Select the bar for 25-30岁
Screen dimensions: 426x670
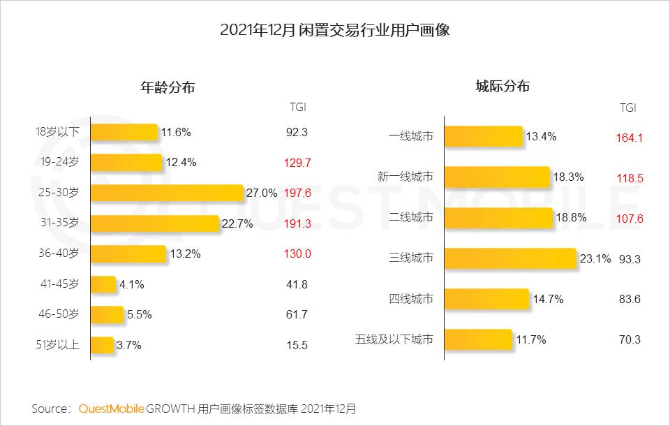pyautogui.click(x=167, y=193)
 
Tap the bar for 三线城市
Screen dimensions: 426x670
pyautogui.click(x=510, y=258)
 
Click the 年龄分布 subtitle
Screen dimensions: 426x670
pyautogui.click(x=167, y=88)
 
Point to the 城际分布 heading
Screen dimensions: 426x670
pyautogui.click(x=502, y=87)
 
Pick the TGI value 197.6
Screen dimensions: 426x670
pyautogui.click(x=297, y=193)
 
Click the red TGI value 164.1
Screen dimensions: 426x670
pyautogui.click(x=629, y=138)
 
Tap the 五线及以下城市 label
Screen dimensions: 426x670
pyautogui.click(x=394, y=340)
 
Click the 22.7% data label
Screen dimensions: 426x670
pyautogui.click(x=237, y=223)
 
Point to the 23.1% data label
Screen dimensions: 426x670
pyautogui.click(x=595, y=259)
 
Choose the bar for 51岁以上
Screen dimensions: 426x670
pyautogui.click(x=102, y=345)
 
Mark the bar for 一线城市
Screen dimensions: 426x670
pyautogui.click(x=484, y=136)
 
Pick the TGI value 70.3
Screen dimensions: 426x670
pyautogui.click(x=629, y=340)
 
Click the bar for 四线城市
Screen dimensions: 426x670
pyautogui.click(x=486, y=299)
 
